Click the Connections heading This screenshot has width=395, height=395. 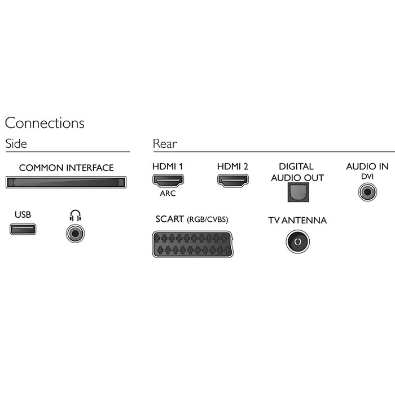tap(45, 123)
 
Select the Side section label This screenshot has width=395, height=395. tap(16, 143)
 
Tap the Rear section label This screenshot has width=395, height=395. tap(165, 143)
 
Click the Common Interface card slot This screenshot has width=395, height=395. tap(66, 182)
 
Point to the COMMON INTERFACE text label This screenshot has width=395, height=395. tap(66, 168)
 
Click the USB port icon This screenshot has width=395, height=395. tap(23, 229)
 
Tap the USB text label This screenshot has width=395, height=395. tap(23, 214)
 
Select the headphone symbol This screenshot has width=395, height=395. tap(75, 215)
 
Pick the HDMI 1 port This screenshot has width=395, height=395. tap(168, 181)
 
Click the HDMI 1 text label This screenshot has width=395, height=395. tap(168, 167)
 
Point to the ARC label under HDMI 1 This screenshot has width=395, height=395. tap(168, 194)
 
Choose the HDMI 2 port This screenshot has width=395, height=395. tap(232, 181)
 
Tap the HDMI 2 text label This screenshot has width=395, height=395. tap(232, 167)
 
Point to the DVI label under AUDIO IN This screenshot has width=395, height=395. tap(367, 177)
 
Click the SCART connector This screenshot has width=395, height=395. tap(192, 243)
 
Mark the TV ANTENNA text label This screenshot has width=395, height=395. tap(297, 220)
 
